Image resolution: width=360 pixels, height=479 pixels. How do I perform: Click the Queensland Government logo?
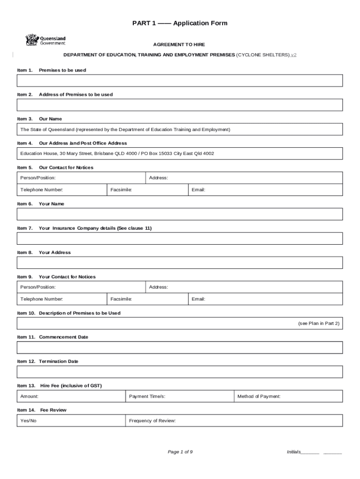(x=45, y=40)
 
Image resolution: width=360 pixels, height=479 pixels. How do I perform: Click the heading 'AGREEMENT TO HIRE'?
(x=179, y=44)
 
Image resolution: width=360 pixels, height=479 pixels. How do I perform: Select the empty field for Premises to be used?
(x=180, y=80)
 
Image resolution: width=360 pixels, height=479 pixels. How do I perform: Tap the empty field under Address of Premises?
(x=180, y=105)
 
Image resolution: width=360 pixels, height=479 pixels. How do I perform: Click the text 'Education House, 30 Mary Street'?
(x=56, y=153)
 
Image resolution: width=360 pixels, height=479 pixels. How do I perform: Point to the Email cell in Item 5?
(x=265, y=190)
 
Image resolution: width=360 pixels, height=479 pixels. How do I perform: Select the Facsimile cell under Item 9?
(x=147, y=299)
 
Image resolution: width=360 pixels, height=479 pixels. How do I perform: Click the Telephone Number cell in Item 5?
(x=62, y=190)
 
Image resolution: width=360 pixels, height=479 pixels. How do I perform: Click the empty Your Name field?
(x=180, y=214)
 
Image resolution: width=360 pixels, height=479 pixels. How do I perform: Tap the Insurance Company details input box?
(x=180, y=239)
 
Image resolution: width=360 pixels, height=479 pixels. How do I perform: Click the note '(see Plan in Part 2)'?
(x=318, y=323)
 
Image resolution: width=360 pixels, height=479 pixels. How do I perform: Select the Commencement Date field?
(x=180, y=348)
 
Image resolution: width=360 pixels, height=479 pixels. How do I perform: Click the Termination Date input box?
(x=180, y=372)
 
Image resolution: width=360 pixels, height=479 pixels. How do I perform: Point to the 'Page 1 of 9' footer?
(x=180, y=452)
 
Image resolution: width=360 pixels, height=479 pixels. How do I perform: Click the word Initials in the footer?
(x=294, y=452)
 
